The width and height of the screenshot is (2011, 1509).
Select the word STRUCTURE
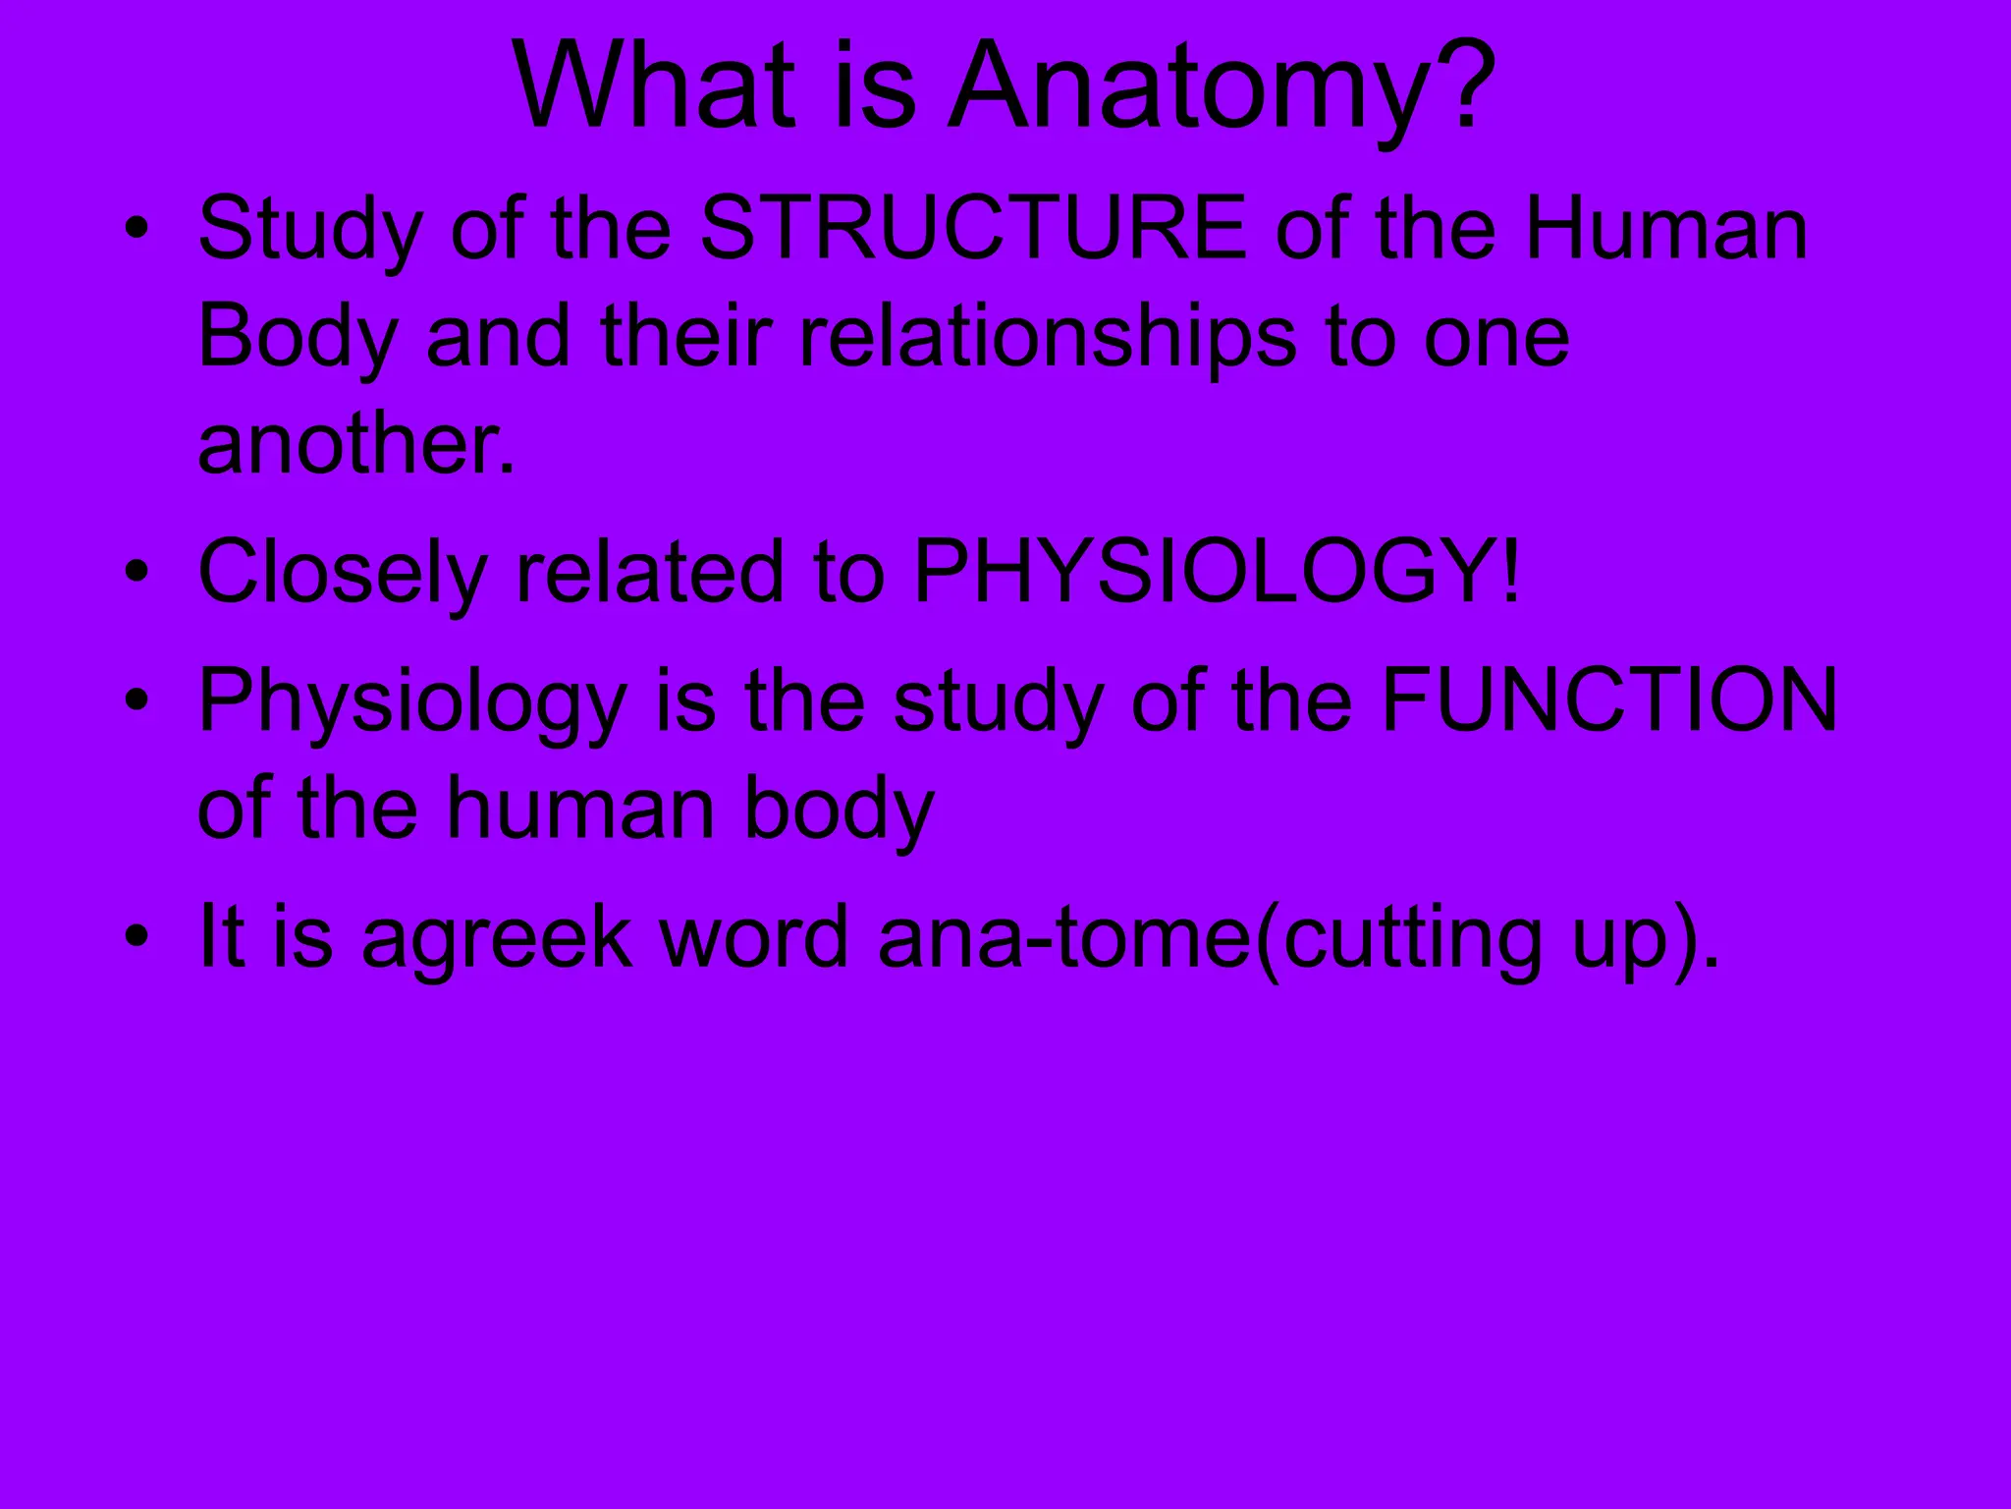coord(973,229)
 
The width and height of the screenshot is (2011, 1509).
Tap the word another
coord(355,444)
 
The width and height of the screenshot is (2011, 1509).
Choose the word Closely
coord(342,573)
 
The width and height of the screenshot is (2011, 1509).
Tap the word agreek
coord(497,939)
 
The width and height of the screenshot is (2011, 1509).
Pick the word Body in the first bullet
coord(298,338)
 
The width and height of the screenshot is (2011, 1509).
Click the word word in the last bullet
coord(754,937)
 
